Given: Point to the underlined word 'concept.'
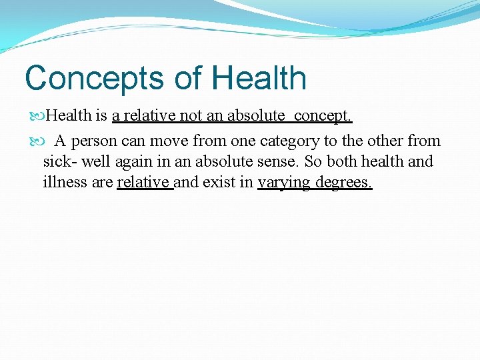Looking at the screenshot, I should pyautogui.click(x=323, y=116).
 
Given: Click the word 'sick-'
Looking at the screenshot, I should pyautogui.click(x=58, y=162).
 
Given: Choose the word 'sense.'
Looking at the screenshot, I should pyautogui.click(x=279, y=162).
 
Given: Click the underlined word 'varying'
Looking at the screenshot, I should pyautogui.click(x=285, y=183).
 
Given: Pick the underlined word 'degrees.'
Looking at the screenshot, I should pyautogui.click(x=344, y=183).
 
